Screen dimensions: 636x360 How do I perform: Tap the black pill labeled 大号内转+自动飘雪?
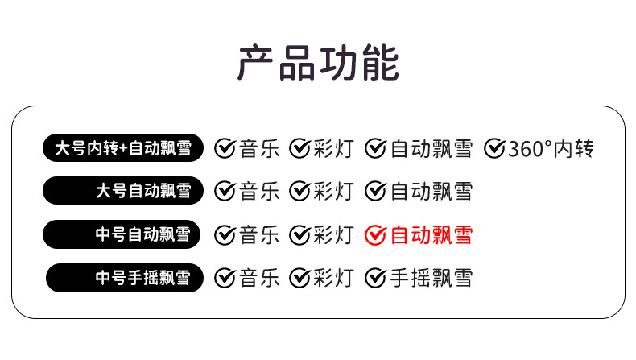pos(123,148)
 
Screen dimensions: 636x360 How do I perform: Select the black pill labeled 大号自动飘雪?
pos(123,192)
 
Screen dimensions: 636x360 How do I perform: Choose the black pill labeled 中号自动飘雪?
pos(123,234)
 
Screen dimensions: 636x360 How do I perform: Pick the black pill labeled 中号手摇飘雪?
pos(125,278)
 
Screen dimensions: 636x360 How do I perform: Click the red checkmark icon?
pos(376,234)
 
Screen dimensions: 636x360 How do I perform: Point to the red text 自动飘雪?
pos(432,234)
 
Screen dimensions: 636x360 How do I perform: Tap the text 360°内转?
pos(551,148)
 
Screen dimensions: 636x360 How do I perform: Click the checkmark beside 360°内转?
pos(494,148)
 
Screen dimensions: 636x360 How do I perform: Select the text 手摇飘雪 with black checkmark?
pos(432,278)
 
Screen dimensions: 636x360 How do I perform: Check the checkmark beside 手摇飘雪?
pos(376,278)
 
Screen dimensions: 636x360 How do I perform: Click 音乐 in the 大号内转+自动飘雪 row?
pos(259,148)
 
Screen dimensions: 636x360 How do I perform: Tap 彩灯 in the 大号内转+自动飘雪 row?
pos(333,148)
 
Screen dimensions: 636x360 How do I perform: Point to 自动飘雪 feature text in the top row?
pos(432,148)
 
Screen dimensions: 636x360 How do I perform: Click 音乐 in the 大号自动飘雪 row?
pos(259,192)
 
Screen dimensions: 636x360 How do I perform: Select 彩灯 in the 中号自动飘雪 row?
pos(333,234)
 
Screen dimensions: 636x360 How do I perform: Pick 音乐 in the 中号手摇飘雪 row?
pos(259,278)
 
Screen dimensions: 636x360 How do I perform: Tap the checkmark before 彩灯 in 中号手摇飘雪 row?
pos(300,278)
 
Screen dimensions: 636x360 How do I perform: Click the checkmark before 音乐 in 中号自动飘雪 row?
pos(225,234)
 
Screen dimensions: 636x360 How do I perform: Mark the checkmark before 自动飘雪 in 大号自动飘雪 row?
pos(376,192)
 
